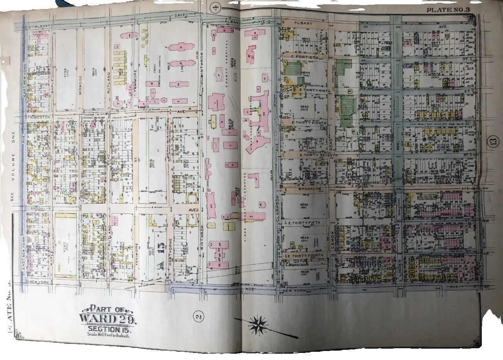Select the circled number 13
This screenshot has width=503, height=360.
(494, 140)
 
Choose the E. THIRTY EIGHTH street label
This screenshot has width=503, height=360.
(305, 123)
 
